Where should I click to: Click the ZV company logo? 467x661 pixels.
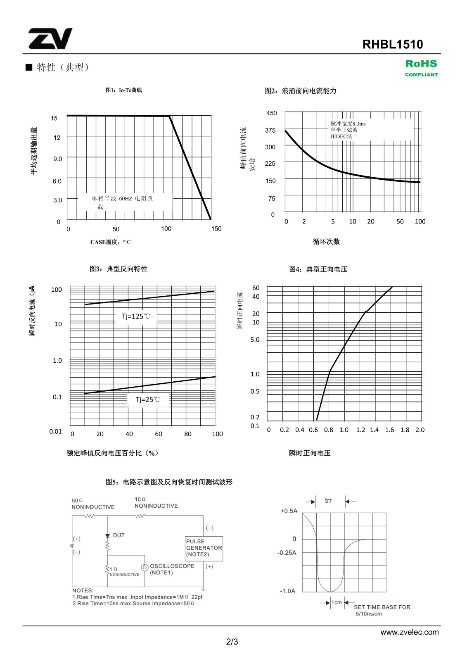tap(50, 39)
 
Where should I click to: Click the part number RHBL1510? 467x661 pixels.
tap(392, 44)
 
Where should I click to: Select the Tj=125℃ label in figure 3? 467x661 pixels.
tap(136, 316)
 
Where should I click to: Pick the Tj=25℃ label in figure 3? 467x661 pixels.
tap(147, 399)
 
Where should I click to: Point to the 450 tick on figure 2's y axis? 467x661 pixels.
tap(272, 113)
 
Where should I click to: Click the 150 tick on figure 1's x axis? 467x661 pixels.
tap(216, 228)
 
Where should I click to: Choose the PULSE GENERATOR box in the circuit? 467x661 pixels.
tap(204, 548)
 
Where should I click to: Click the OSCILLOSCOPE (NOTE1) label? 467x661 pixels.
tap(172, 569)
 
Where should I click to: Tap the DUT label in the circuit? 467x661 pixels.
tap(119, 535)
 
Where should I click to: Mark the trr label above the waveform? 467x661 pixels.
tap(328, 501)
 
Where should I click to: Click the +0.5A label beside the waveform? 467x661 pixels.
tap(289, 511)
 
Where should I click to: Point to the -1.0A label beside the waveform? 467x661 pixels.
tap(287, 591)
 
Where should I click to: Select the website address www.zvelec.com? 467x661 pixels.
tap(410, 632)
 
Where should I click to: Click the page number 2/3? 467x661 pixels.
tap(232, 642)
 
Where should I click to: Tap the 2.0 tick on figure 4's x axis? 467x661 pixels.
tap(420, 430)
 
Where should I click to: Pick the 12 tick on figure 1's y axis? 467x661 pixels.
tap(57, 138)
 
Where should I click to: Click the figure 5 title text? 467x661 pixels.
tap(169, 482)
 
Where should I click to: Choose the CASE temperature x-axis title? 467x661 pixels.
tap(111, 242)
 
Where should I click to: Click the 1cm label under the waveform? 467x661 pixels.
tap(337, 602)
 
